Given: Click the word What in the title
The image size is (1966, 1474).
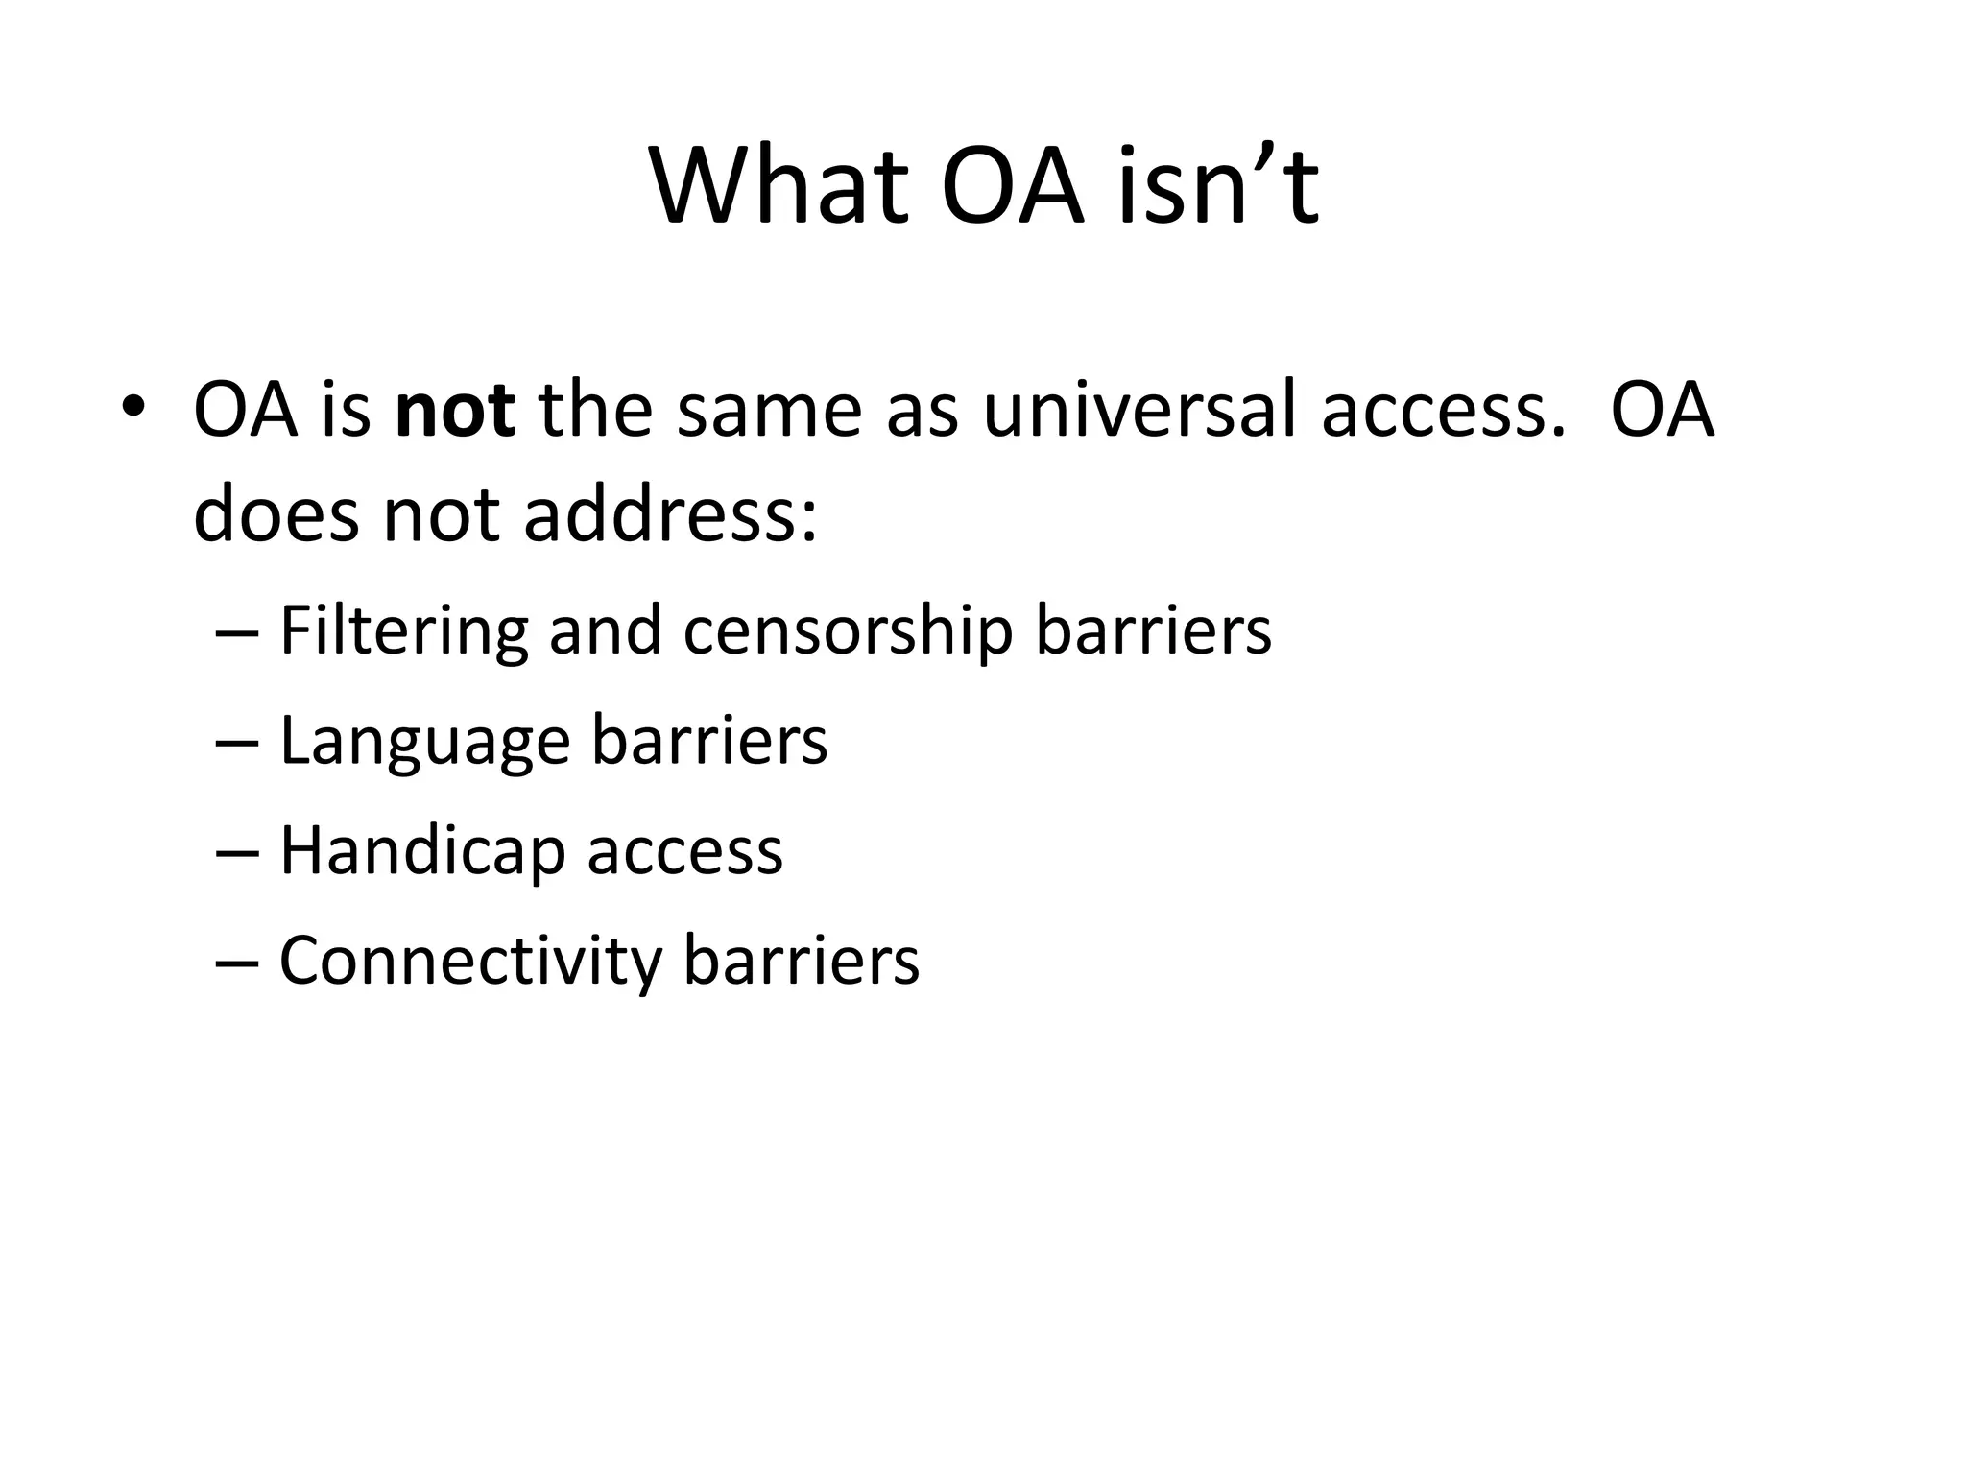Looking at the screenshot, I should click(779, 186).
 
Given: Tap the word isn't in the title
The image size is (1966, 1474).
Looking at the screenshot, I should click(1218, 186).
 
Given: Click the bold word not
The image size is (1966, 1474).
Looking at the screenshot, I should click(455, 411).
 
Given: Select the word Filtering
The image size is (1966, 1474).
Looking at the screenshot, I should click(403, 631).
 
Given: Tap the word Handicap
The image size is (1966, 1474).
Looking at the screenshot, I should click(421, 852).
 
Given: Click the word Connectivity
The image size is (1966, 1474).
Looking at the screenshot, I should click(470, 962).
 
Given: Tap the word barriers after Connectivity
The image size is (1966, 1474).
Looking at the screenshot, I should click(802, 962).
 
